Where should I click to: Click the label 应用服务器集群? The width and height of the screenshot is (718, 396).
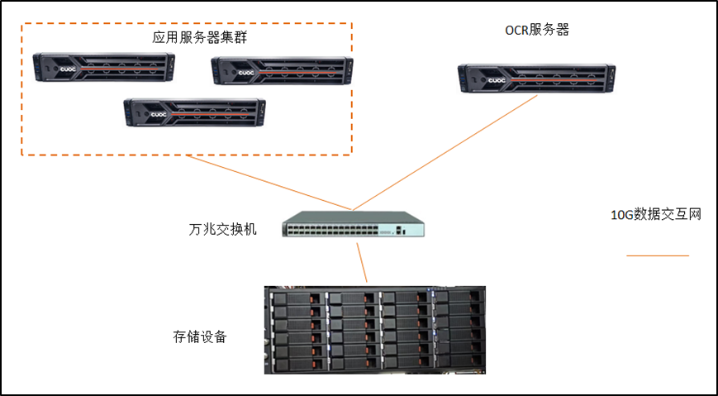(200, 39)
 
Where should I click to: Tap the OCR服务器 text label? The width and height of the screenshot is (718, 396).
(537, 31)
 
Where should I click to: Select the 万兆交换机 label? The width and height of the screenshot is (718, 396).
(222, 229)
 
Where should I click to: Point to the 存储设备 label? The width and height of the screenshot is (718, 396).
(200, 337)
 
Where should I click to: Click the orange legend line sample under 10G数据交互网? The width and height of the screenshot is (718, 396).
(657, 256)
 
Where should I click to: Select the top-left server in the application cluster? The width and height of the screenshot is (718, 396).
(104, 68)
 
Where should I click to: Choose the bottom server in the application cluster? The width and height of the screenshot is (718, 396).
(194, 112)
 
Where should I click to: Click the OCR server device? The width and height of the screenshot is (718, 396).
(537, 79)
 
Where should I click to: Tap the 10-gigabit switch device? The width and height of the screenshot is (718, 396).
(354, 227)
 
